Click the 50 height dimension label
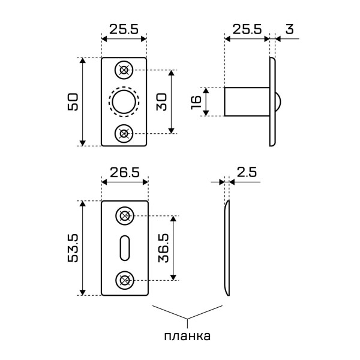71,101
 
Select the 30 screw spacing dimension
161,101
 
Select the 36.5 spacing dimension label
161,247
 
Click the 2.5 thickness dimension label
246,172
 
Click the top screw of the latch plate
124,70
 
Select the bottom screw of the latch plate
124,133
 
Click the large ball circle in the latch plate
124,101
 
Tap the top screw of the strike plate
125,216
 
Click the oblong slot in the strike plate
124,247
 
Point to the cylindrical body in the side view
246,101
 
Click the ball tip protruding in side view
278,101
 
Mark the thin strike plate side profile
227,248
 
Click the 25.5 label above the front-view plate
124,28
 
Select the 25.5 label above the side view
246,28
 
